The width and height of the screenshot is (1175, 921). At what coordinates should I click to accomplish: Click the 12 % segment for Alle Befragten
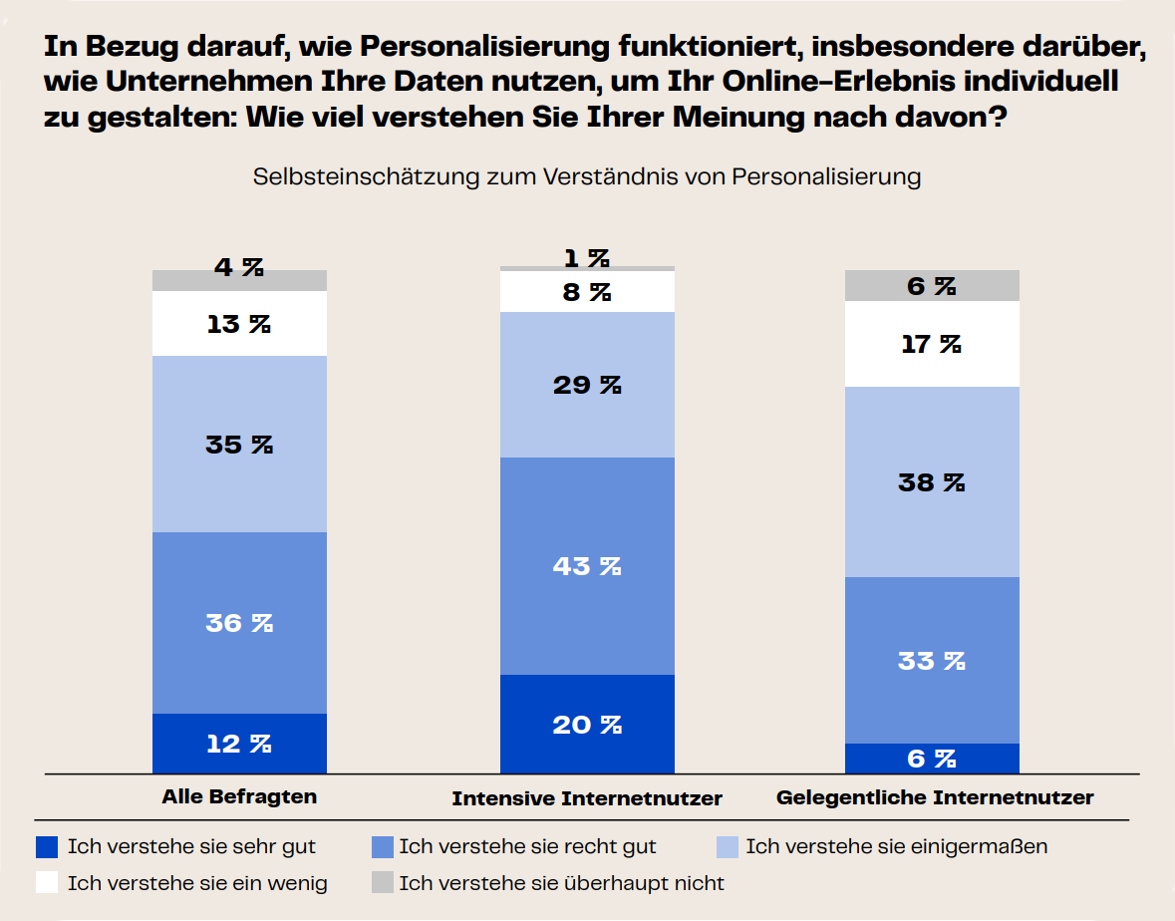[x=239, y=743]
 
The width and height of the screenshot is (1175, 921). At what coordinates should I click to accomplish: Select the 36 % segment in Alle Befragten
[x=239, y=623]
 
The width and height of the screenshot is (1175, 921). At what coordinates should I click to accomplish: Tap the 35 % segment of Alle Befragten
[x=239, y=445]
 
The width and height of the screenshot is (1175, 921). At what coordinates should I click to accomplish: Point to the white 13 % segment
[x=239, y=324]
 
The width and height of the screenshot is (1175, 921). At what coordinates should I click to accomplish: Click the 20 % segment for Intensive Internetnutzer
[x=587, y=724]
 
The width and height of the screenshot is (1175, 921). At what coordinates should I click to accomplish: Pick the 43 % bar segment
[x=587, y=566]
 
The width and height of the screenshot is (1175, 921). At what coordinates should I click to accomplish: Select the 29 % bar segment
[x=587, y=385]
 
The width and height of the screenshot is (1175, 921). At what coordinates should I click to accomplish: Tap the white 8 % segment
[x=587, y=292]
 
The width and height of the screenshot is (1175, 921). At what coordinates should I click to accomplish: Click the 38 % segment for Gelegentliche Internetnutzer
[x=932, y=482]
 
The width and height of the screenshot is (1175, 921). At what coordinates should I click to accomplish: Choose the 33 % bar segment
[x=932, y=660]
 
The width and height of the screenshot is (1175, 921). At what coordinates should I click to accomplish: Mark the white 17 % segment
[x=932, y=344]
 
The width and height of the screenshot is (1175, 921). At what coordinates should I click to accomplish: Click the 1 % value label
[x=587, y=258]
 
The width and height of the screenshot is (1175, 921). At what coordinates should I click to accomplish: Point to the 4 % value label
[x=239, y=267]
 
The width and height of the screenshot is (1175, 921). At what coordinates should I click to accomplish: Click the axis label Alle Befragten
[x=239, y=796]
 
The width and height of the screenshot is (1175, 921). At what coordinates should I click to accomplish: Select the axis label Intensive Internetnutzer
[x=587, y=798]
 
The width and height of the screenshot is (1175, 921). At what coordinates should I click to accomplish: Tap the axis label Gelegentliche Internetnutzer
[x=935, y=797]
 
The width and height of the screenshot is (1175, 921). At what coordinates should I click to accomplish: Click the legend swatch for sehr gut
[x=47, y=847]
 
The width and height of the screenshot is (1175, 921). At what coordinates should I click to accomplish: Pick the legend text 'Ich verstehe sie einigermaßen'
[x=896, y=847]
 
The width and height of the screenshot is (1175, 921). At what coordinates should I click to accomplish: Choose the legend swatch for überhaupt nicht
[x=383, y=882]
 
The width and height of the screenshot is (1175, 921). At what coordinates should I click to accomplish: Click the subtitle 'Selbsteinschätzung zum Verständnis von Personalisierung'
[x=587, y=177]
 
